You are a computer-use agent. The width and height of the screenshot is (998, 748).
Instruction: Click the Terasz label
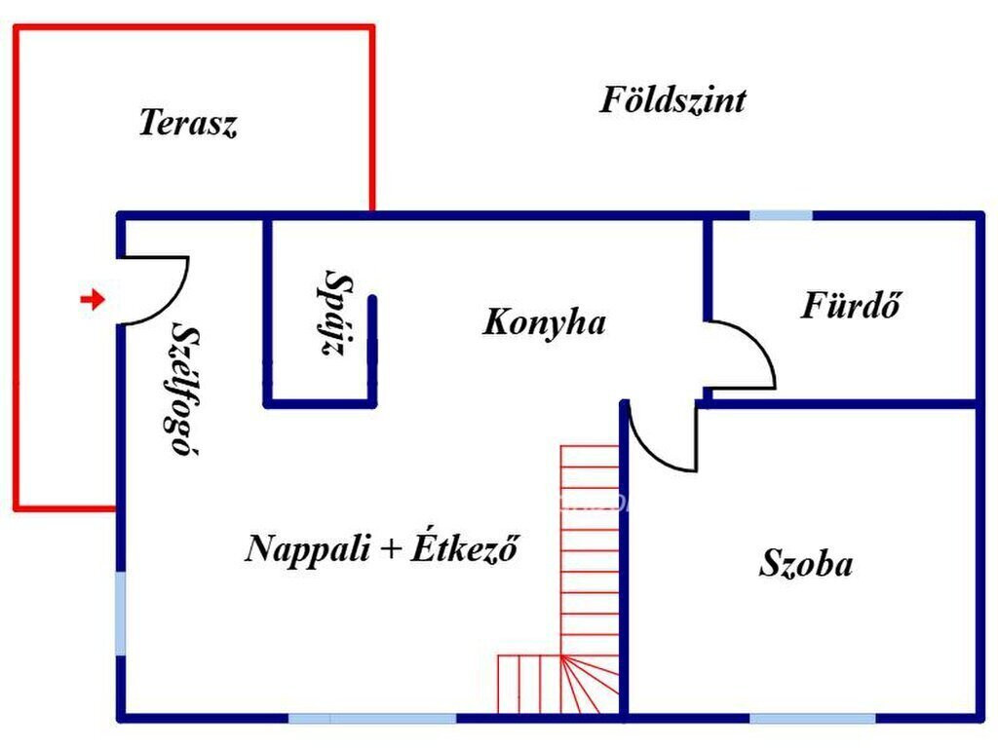tap(188, 122)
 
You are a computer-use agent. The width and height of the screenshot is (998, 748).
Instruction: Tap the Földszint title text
tap(672, 100)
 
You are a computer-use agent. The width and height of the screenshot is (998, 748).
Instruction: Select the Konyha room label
tap(544, 321)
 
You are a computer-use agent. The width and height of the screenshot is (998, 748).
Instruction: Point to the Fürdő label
tap(851, 304)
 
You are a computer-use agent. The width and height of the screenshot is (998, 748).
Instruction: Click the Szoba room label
tap(806, 563)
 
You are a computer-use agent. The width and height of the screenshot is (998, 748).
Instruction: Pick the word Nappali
tap(307, 547)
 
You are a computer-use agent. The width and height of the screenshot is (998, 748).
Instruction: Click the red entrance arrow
tap(93, 298)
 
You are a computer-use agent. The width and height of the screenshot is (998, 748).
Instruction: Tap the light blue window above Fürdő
tap(781, 215)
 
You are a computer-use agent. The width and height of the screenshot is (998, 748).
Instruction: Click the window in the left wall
tap(120, 614)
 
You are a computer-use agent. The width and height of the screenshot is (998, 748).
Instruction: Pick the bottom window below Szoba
tap(813, 719)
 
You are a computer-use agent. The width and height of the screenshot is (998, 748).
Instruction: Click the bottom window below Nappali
tap(372, 719)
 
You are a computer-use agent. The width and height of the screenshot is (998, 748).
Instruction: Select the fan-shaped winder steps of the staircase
tap(590, 685)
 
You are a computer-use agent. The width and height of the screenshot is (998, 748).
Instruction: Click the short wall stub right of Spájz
tap(372, 350)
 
